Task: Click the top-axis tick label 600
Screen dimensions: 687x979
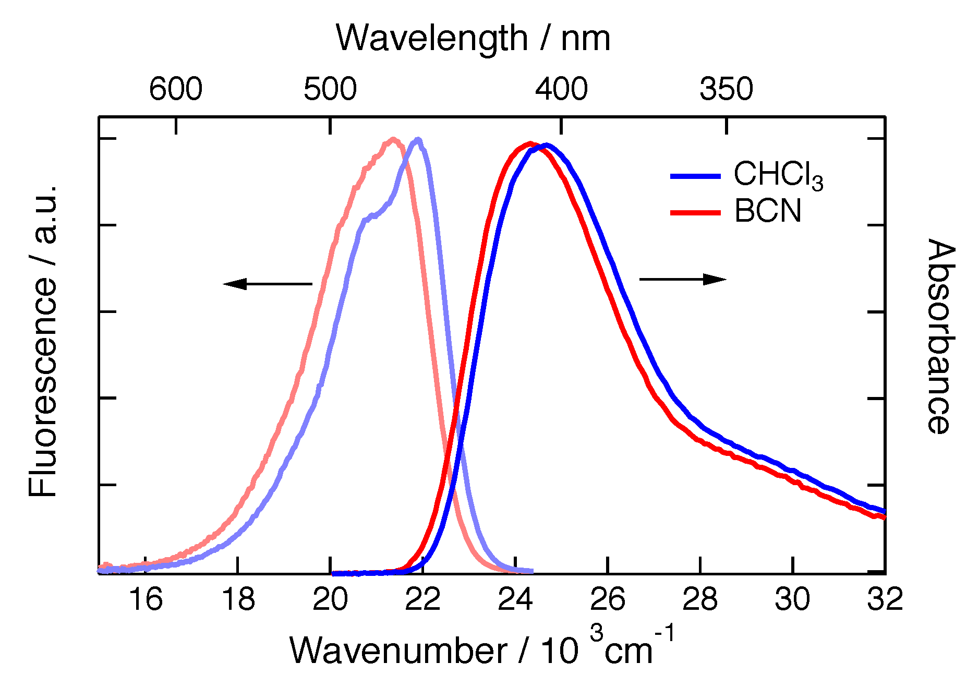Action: [x=175, y=89]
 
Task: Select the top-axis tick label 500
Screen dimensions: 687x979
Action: [x=330, y=89]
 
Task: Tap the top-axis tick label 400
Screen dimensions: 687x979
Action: [x=561, y=89]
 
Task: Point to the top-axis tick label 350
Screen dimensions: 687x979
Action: [x=726, y=89]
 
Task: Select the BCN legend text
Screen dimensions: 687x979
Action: [x=767, y=211]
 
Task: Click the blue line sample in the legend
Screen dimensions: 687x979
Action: [x=695, y=176]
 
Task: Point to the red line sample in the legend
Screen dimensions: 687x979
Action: [x=695, y=213]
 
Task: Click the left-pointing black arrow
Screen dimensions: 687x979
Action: [x=267, y=284]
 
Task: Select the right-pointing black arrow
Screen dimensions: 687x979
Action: [x=683, y=280]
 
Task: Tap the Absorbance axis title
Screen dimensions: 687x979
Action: [x=941, y=336]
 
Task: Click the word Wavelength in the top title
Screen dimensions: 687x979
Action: [x=432, y=39]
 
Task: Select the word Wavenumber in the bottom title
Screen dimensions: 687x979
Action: [x=397, y=651]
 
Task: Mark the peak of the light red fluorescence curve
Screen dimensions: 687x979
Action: [x=393, y=139]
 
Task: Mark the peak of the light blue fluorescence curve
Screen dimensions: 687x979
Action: [x=418, y=139]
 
